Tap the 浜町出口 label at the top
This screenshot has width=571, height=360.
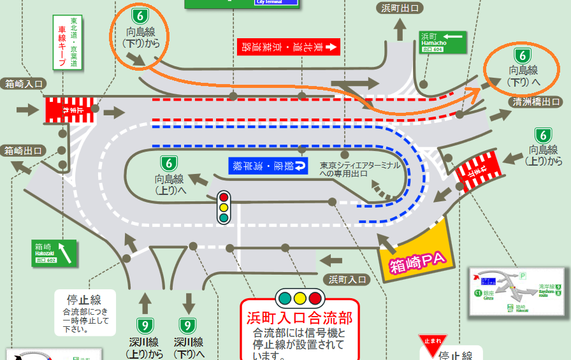[x=400, y=8]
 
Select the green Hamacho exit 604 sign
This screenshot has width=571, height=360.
[x=443, y=42]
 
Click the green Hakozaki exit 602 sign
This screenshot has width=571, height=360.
[x=54, y=252]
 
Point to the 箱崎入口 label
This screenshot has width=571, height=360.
[x=24, y=83]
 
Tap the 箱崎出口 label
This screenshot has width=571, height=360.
[x=24, y=150]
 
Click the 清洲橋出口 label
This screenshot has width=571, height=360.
[x=535, y=101]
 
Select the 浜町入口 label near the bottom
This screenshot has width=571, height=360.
[x=349, y=279]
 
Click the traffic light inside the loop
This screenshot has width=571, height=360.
[x=224, y=207]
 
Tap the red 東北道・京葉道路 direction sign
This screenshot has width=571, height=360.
[x=289, y=47]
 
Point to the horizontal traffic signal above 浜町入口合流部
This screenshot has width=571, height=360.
[x=300, y=298]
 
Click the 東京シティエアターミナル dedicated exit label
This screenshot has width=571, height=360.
[x=360, y=169]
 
